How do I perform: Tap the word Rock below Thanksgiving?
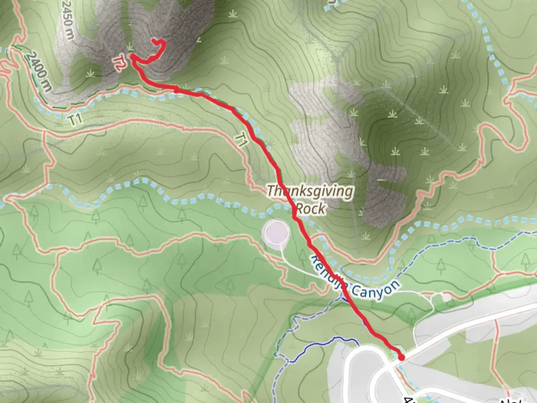pyautogui.click(x=310, y=208)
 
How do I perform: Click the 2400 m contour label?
pyautogui.click(x=38, y=72)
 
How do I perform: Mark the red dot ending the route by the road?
pyautogui.click(x=401, y=357)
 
